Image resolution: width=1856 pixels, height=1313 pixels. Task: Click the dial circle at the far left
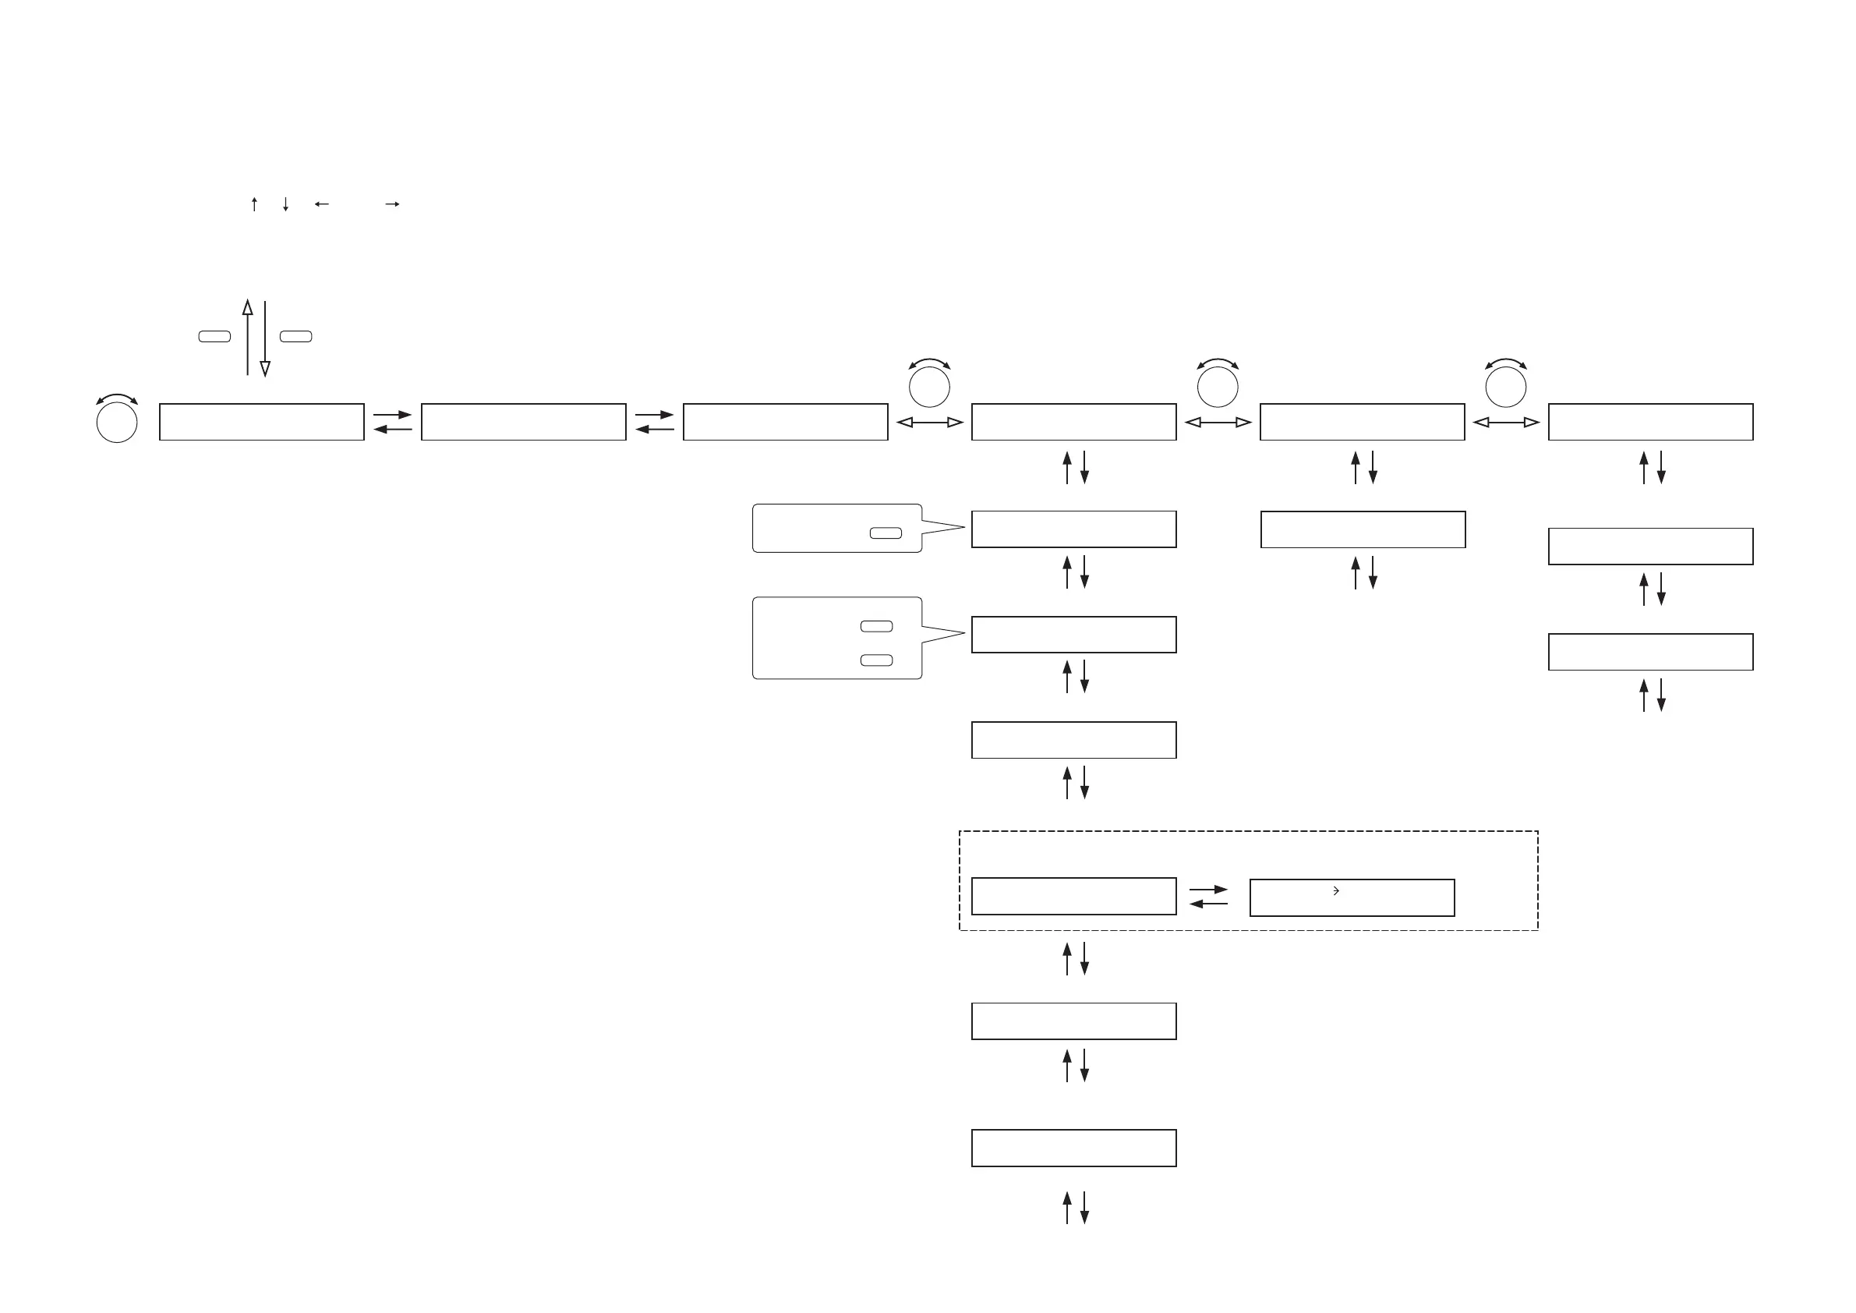[116, 422]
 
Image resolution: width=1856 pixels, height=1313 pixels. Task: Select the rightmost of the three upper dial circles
[1505, 388]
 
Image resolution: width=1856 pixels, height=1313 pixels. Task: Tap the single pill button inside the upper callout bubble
[886, 533]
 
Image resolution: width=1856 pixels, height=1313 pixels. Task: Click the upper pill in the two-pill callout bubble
[876, 626]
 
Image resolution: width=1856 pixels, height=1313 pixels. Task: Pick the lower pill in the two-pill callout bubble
[876, 660]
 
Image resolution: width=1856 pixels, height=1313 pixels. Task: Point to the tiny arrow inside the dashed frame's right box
[1336, 890]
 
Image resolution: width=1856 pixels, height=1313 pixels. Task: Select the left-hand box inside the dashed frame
[1073, 896]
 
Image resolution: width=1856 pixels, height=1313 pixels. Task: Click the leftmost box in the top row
[261, 422]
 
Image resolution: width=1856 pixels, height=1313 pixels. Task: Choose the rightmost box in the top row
[1650, 422]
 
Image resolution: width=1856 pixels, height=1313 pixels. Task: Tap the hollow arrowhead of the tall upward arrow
[247, 307]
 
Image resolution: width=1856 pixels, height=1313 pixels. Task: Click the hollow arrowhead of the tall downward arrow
[264, 369]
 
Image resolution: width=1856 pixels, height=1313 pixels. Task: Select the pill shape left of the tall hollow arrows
[214, 336]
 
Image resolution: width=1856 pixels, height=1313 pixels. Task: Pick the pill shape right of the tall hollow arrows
[296, 336]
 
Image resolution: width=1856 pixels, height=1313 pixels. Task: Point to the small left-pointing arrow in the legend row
[321, 204]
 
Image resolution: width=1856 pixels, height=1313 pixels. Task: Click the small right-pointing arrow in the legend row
[393, 204]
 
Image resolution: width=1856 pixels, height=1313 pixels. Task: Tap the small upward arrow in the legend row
[254, 203]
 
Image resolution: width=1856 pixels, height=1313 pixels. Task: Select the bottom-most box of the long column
[1073, 1148]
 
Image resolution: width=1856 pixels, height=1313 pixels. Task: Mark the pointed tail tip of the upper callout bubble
[964, 527]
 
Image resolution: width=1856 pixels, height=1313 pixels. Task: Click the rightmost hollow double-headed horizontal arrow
[1505, 422]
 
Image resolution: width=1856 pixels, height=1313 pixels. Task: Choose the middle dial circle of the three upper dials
[1218, 388]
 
